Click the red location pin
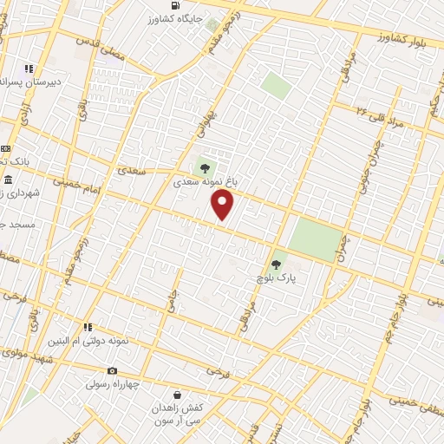tap(223, 205)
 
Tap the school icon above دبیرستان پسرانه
tap(29, 68)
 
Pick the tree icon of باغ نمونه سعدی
tap(205, 168)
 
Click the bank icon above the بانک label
tap(4, 148)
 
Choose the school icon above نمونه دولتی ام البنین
tap(88, 327)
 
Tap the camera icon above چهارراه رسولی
tap(112, 371)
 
